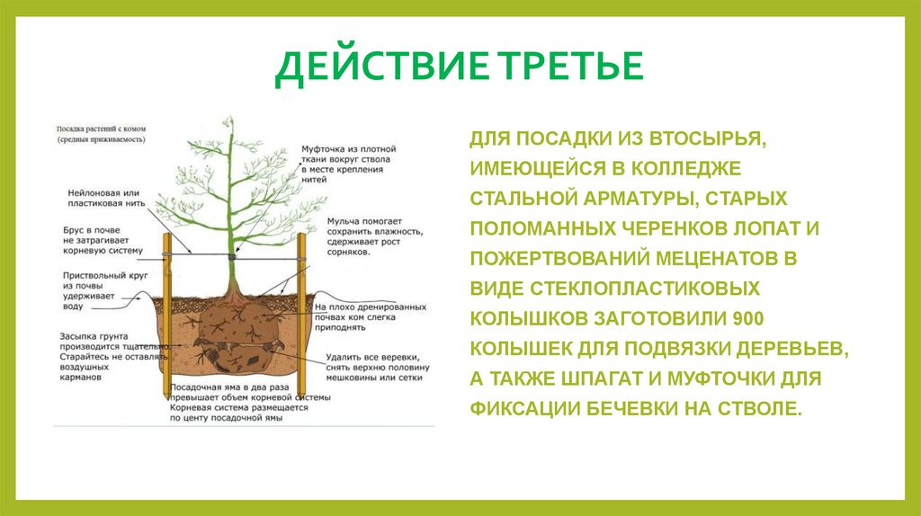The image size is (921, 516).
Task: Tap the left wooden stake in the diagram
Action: tap(167, 315)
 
